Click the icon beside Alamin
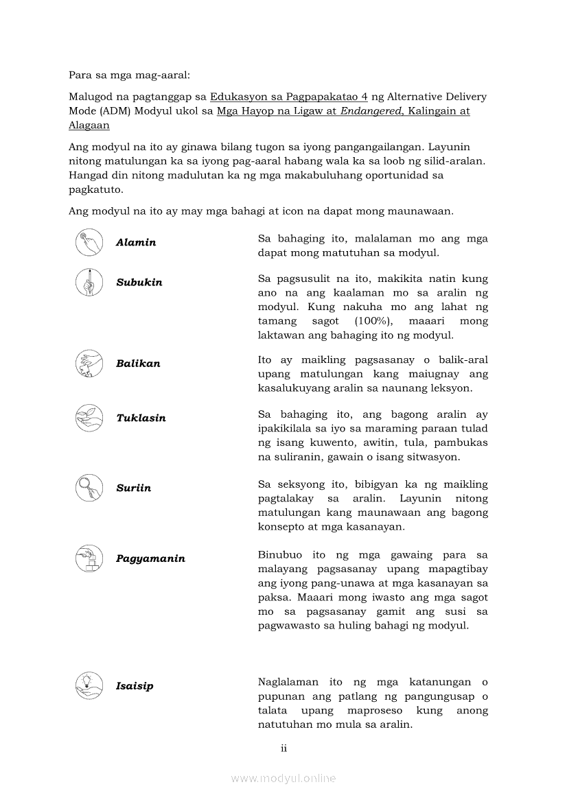coord(89,241)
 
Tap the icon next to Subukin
coord(89,282)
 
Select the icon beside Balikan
coord(89,363)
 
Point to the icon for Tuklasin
coord(89,417)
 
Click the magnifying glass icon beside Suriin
coord(89,487)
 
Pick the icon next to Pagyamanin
coord(89,558)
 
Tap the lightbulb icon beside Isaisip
coord(89,685)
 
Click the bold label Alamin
coord(136,242)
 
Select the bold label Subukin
coord(139,283)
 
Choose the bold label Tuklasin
coord(141,418)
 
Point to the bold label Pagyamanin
coord(150,558)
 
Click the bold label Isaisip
coord(135,686)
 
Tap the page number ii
coord(283,748)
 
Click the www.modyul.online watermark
coord(283,778)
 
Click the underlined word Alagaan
coord(89,126)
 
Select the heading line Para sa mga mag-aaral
coord(124,74)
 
